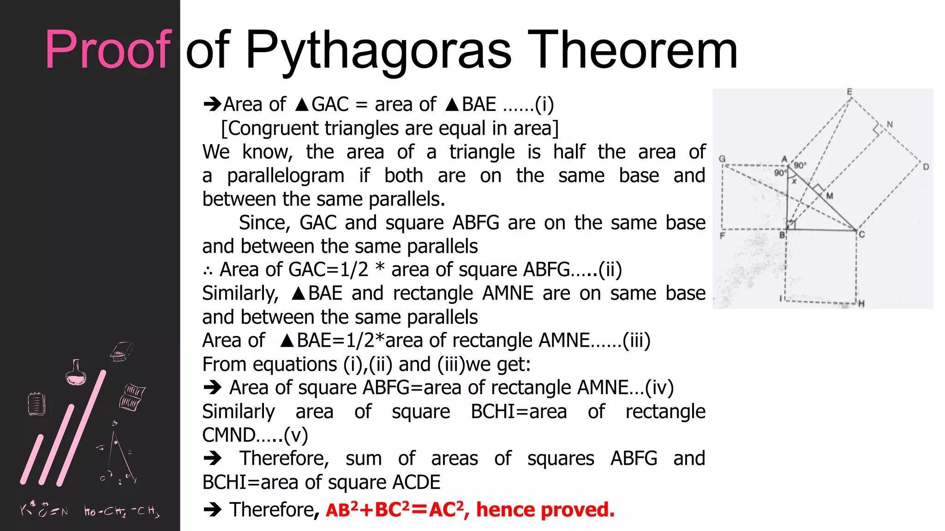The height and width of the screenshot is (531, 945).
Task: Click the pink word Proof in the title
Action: tap(108, 50)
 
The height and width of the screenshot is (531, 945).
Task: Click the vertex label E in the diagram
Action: tap(849, 92)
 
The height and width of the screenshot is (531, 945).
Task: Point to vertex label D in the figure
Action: tap(926, 167)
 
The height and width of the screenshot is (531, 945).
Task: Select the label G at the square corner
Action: tap(723, 159)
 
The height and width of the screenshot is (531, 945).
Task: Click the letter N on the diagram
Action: tap(890, 124)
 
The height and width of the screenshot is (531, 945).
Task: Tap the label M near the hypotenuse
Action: tap(830, 196)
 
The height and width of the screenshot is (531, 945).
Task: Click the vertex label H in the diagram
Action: tap(861, 303)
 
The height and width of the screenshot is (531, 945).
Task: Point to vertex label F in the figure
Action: tap(723, 236)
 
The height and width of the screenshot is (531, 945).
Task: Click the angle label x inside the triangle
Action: tap(794, 182)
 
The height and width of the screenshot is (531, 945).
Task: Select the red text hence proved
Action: tap(545, 510)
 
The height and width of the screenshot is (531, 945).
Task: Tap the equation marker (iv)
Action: tap(659, 388)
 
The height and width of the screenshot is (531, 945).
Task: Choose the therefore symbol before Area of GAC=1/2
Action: tap(208, 271)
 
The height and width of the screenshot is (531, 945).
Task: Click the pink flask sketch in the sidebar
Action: tap(76, 373)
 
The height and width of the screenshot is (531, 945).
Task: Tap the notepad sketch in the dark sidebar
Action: tap(36, 404)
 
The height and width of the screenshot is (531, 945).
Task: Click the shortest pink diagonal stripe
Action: tap(32, 459)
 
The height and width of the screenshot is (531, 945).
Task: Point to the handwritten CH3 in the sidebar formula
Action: tap(149, 511)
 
